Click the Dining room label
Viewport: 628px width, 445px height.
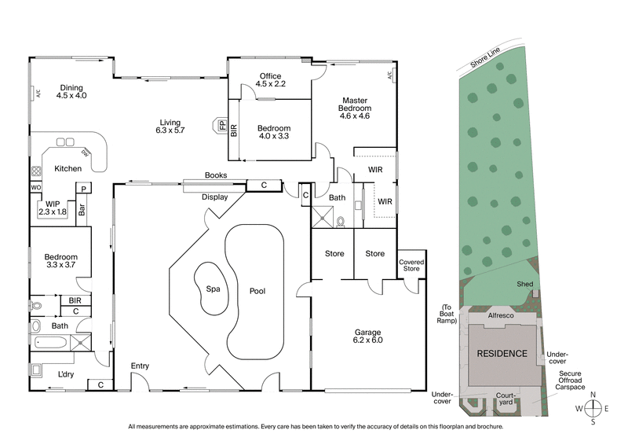(x=71, y=91)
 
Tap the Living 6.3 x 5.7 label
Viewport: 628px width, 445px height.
(x=170, y=127)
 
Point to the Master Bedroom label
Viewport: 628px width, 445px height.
(x=354, y=108)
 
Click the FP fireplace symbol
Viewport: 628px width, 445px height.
(x=222, y=126)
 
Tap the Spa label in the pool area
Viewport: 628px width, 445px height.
(x=211, y=289)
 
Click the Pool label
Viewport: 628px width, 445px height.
(x=257, y=291)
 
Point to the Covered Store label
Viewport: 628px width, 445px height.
(x=411, y=265)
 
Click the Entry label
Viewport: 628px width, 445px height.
(x=140, y=366)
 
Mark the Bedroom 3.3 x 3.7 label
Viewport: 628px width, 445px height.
(x=60, y=261)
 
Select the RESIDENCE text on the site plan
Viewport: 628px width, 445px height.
(x=503, y=354)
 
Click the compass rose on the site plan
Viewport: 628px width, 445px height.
(x=593, y=407)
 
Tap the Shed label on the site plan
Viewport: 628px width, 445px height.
(x=524, y=284)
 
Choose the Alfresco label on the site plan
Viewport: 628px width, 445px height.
(x=501, y=314)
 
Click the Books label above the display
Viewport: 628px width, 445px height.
(x=215, y=175)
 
